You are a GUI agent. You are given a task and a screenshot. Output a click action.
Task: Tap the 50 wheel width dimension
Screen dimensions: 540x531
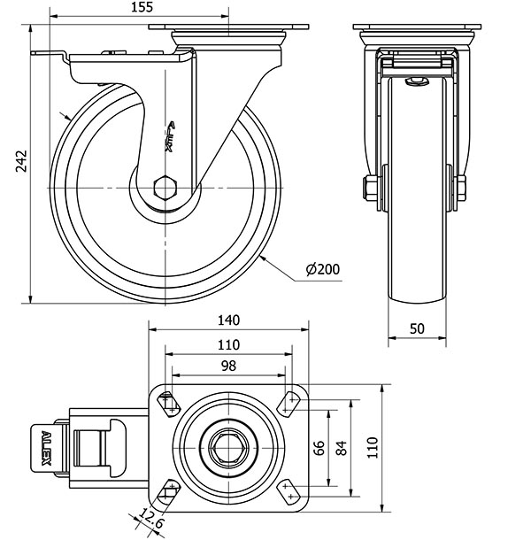point(418,328)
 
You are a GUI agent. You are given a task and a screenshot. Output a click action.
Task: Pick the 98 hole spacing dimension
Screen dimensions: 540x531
point(228,366)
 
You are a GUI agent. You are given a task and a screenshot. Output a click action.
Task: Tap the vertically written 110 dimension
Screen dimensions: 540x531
point(373,449)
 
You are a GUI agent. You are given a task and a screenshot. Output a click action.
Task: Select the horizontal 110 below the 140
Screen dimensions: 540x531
point(228,344)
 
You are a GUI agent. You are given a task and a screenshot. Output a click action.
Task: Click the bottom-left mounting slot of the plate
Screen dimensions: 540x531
point(168,492)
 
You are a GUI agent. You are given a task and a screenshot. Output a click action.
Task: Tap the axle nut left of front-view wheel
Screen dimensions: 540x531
point(367,188)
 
